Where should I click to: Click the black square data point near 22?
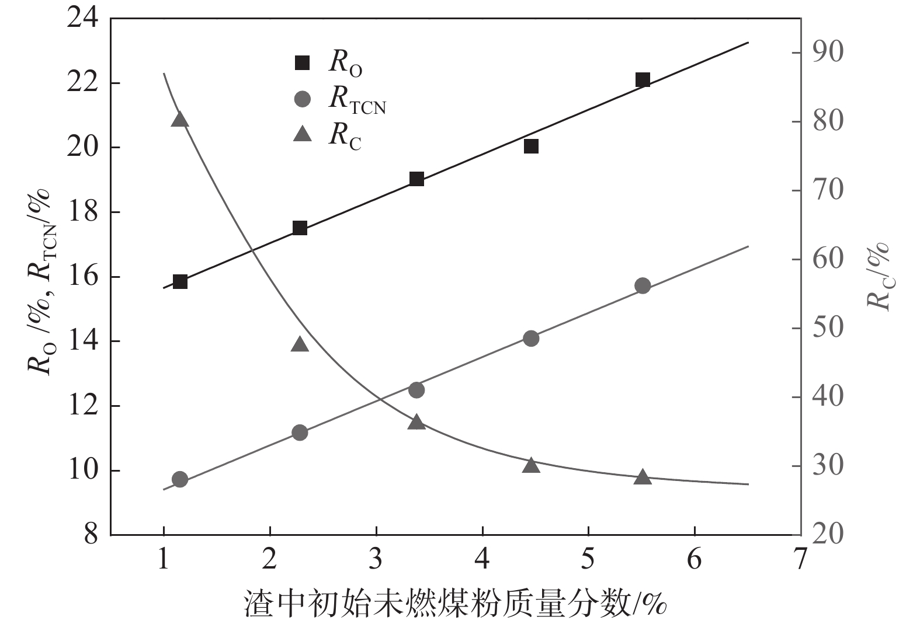click(643, 80)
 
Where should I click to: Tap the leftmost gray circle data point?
click(180, 480)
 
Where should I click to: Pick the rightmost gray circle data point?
click(643, 285)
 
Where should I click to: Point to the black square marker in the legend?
click(302, 62)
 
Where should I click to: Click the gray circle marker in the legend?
click(302, 99)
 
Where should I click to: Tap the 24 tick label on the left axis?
click(82, 19)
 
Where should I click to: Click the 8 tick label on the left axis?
click(91, 534)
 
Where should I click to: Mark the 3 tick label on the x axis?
click(376, 559)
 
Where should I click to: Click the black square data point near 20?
click(531, 146)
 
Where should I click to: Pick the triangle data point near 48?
click(300, 344)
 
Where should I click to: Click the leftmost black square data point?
click(180, 282)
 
